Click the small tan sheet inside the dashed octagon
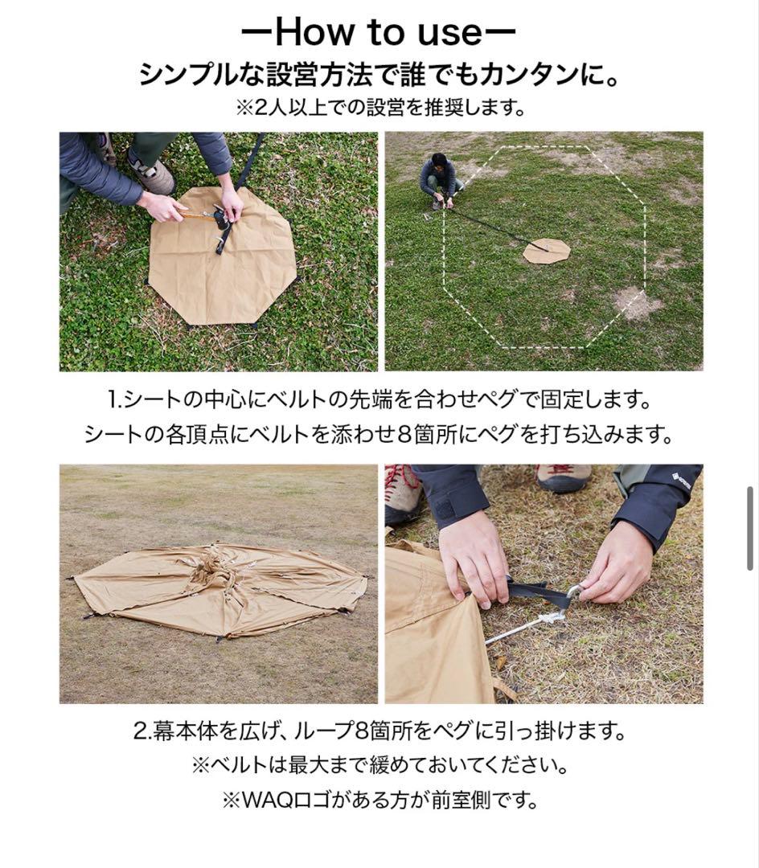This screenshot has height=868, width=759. pos(547,251)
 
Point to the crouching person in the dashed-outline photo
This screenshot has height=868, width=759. pos(439,180)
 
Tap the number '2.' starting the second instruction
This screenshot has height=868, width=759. pos(142,732)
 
